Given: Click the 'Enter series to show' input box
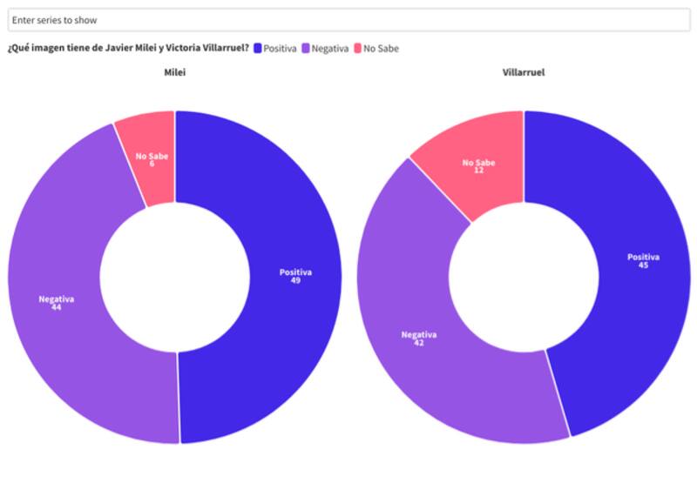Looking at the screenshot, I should [348, 19].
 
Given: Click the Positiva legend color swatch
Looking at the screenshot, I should [258, 49].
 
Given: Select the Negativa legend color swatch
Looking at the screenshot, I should [306, 49].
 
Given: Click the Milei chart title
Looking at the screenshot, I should [175, 72].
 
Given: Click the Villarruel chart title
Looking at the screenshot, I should [524, 72].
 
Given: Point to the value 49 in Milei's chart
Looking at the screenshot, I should [295, 280].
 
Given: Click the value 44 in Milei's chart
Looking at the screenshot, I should [56, 307].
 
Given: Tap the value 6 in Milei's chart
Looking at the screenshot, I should [152, 164].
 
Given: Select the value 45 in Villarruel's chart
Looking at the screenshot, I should [643, 265].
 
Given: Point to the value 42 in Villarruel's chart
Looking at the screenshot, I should [418, 343].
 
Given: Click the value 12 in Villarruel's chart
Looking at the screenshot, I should [478, 171].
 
